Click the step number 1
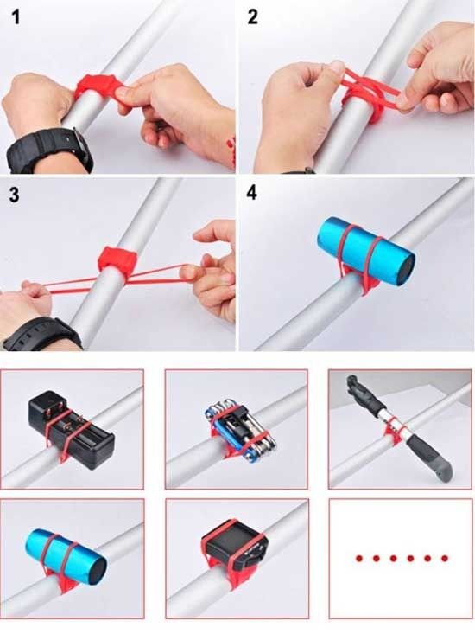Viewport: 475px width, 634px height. (x=15, y=17)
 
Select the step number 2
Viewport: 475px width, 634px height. (x=253, y=17)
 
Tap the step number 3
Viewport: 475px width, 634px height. (x=14, y=195)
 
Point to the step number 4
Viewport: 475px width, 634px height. (x=252, y=193)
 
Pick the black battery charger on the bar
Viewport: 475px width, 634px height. (x=71, y=429)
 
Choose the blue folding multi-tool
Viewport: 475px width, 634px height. (x=240, y=429)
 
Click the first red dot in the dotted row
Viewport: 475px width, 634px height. (x=359, y=559)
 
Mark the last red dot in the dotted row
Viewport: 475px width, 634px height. (x=445, y=559)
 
